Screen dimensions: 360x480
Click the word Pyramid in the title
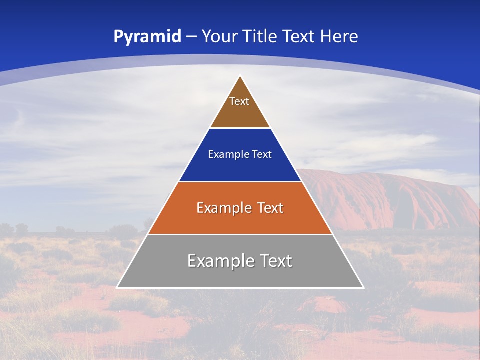pos(147,37)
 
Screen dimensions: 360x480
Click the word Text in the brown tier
pos(239,101)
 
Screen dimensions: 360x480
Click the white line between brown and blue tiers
pos(240,128)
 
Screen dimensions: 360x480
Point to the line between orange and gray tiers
pos(240,234)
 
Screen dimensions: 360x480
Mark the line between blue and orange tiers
pos(240,181)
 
